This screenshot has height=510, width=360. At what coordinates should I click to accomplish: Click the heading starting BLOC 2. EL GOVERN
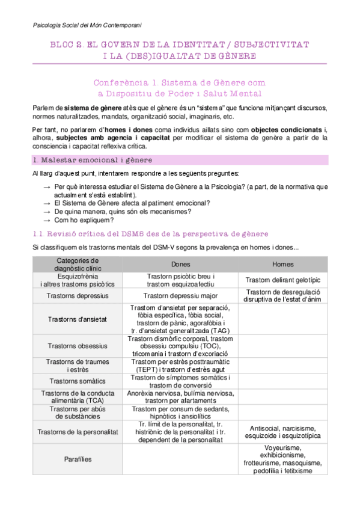pyautogui.click(x=179, y=45)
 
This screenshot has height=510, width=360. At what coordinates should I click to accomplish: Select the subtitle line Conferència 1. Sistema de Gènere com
pyautogui.click(x=179, y=82)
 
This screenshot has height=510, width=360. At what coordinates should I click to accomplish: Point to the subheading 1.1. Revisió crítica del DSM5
pyautogui.click(x=150, y=233)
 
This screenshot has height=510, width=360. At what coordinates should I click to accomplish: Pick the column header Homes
pyautogui.click(x=283, y=264)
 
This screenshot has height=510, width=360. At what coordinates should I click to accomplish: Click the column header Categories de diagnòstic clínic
pyautogui.click(x=78, y=264)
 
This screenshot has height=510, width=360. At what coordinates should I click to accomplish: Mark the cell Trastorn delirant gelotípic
pyautogui.click(x=283, y=280)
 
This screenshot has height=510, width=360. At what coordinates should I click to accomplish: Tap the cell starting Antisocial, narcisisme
pyautogui.click(x=283, y=432)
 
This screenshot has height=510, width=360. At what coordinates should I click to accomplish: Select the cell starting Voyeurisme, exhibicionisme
pyautogui.click(x=283, y=459)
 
